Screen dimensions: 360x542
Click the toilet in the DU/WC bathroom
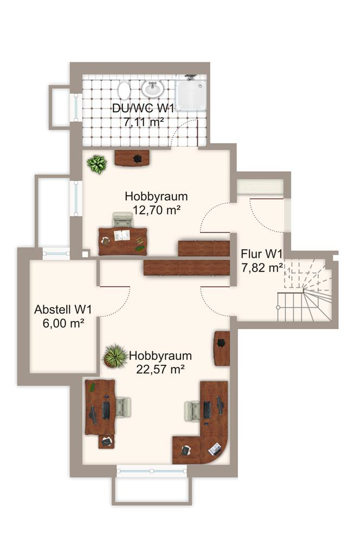tap(124, 91)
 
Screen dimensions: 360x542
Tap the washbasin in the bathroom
tap(152, 88)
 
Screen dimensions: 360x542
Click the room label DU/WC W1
tap(143, 108)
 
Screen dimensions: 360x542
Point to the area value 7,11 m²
tap(143, 122)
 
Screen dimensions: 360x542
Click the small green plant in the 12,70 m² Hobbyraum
tap(97, 164)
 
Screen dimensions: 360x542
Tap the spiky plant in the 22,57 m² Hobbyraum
tap(115, 356)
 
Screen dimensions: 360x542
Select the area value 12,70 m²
tap(157, 210)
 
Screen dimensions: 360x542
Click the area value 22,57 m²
tap(160, 369)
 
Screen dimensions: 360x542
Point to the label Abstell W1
tap(63, 309)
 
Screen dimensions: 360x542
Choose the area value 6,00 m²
tap(63, 323)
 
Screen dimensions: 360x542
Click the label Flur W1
tap(262, 254)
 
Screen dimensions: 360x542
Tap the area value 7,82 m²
tap(262, 268)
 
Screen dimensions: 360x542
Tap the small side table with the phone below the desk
tap(106, 441)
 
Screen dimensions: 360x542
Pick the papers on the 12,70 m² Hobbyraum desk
tap(122, 235)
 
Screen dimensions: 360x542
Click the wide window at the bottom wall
tap(151, 471)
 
